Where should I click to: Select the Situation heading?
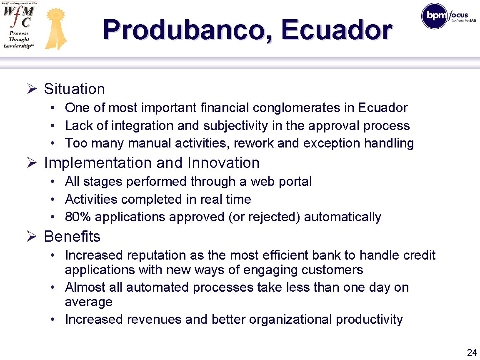click(74, 89)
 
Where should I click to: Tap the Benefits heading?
click(72, 237)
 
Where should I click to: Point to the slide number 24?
click(472, 352)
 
